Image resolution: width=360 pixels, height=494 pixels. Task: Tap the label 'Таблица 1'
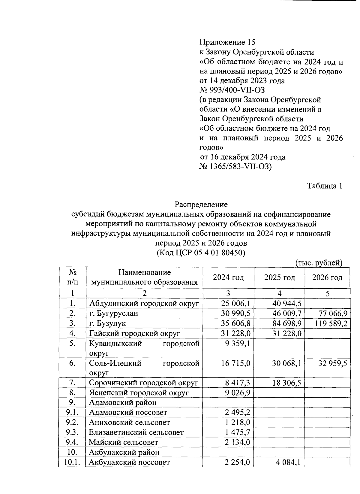(325, 186)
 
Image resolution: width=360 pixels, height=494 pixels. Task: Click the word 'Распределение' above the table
(201, 205)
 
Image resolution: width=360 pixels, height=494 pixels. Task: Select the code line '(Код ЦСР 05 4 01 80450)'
(201, 253)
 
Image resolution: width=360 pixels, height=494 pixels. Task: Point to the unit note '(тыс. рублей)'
(319, 263)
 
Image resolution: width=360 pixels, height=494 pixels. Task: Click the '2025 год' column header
(279, 277)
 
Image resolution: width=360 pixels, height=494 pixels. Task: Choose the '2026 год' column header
(327, 277)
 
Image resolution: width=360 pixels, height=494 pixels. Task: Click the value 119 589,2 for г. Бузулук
(331, 323)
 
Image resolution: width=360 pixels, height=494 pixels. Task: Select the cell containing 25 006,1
(235, 304)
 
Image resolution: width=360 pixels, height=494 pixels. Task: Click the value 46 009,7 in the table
(286, 314)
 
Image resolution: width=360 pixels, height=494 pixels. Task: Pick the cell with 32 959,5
(333, 363)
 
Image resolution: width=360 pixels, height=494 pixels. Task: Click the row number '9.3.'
(72, 432)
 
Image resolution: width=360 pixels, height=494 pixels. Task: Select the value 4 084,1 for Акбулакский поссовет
(288, 462)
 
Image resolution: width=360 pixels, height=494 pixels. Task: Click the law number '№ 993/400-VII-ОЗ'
(232, 90)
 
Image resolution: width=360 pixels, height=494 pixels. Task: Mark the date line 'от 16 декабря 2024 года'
(243, 157)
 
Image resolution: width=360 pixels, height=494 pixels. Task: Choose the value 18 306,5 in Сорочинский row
(286, 383)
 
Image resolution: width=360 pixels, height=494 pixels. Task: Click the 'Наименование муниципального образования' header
(144, 277)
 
